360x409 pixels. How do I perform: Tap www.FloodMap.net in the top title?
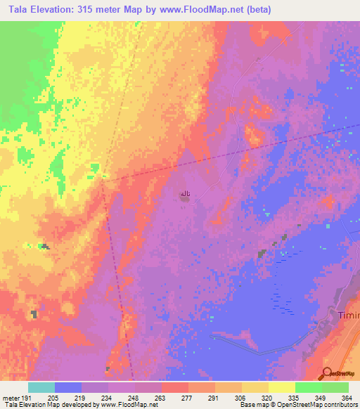click(x=211, y=10)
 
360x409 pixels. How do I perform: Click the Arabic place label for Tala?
click(x=185, y=192)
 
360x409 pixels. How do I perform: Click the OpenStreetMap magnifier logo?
click(x=327, y=373)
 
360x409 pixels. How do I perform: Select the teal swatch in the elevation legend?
click(x=41, y=387)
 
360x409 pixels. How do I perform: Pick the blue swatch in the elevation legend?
click(x=68, y=387)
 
